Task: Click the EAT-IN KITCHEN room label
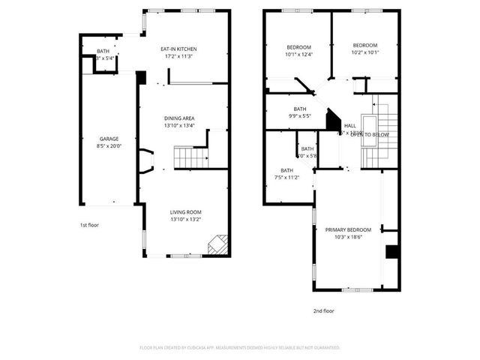click(x=179, y=49)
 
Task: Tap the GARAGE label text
click(x=109, y=139)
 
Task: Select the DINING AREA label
click(x=180, y=118)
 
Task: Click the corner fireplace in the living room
click(x=217, y=244)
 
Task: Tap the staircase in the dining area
click(x=188, y=157)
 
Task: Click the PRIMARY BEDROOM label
click(x=348, y=229)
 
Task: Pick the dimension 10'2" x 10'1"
click(x=365, y=52)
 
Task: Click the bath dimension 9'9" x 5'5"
click(x=299, y=116)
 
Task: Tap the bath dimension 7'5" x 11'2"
click(x=287, y=178)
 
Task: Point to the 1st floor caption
click(x=89, y=225)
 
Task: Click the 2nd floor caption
click(x=324, y=310)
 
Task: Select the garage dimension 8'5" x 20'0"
click(x=109, y=147)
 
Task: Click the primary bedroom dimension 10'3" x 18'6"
click(x=348, y=238)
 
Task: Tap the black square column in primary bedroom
click(x=391, y=252)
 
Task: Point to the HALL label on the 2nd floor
click(x=349, y=125)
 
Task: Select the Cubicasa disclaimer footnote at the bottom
click(x=240, y=348)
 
